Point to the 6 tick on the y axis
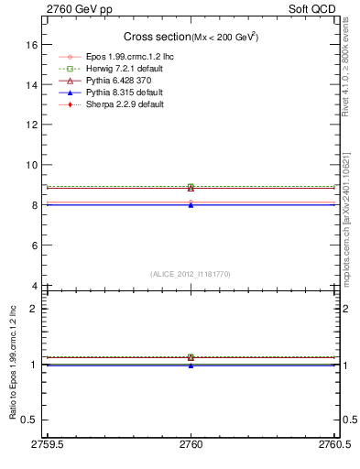[34, 245]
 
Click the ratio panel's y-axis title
[13, 366]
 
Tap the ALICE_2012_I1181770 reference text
[191, 274]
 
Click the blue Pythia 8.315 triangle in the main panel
[191, 205]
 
